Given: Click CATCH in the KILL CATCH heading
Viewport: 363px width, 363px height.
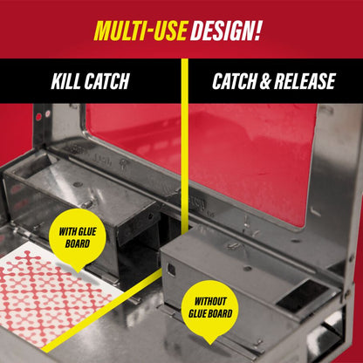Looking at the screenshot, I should coord(109,83).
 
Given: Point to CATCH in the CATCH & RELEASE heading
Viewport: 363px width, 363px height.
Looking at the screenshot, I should coord(233,83).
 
